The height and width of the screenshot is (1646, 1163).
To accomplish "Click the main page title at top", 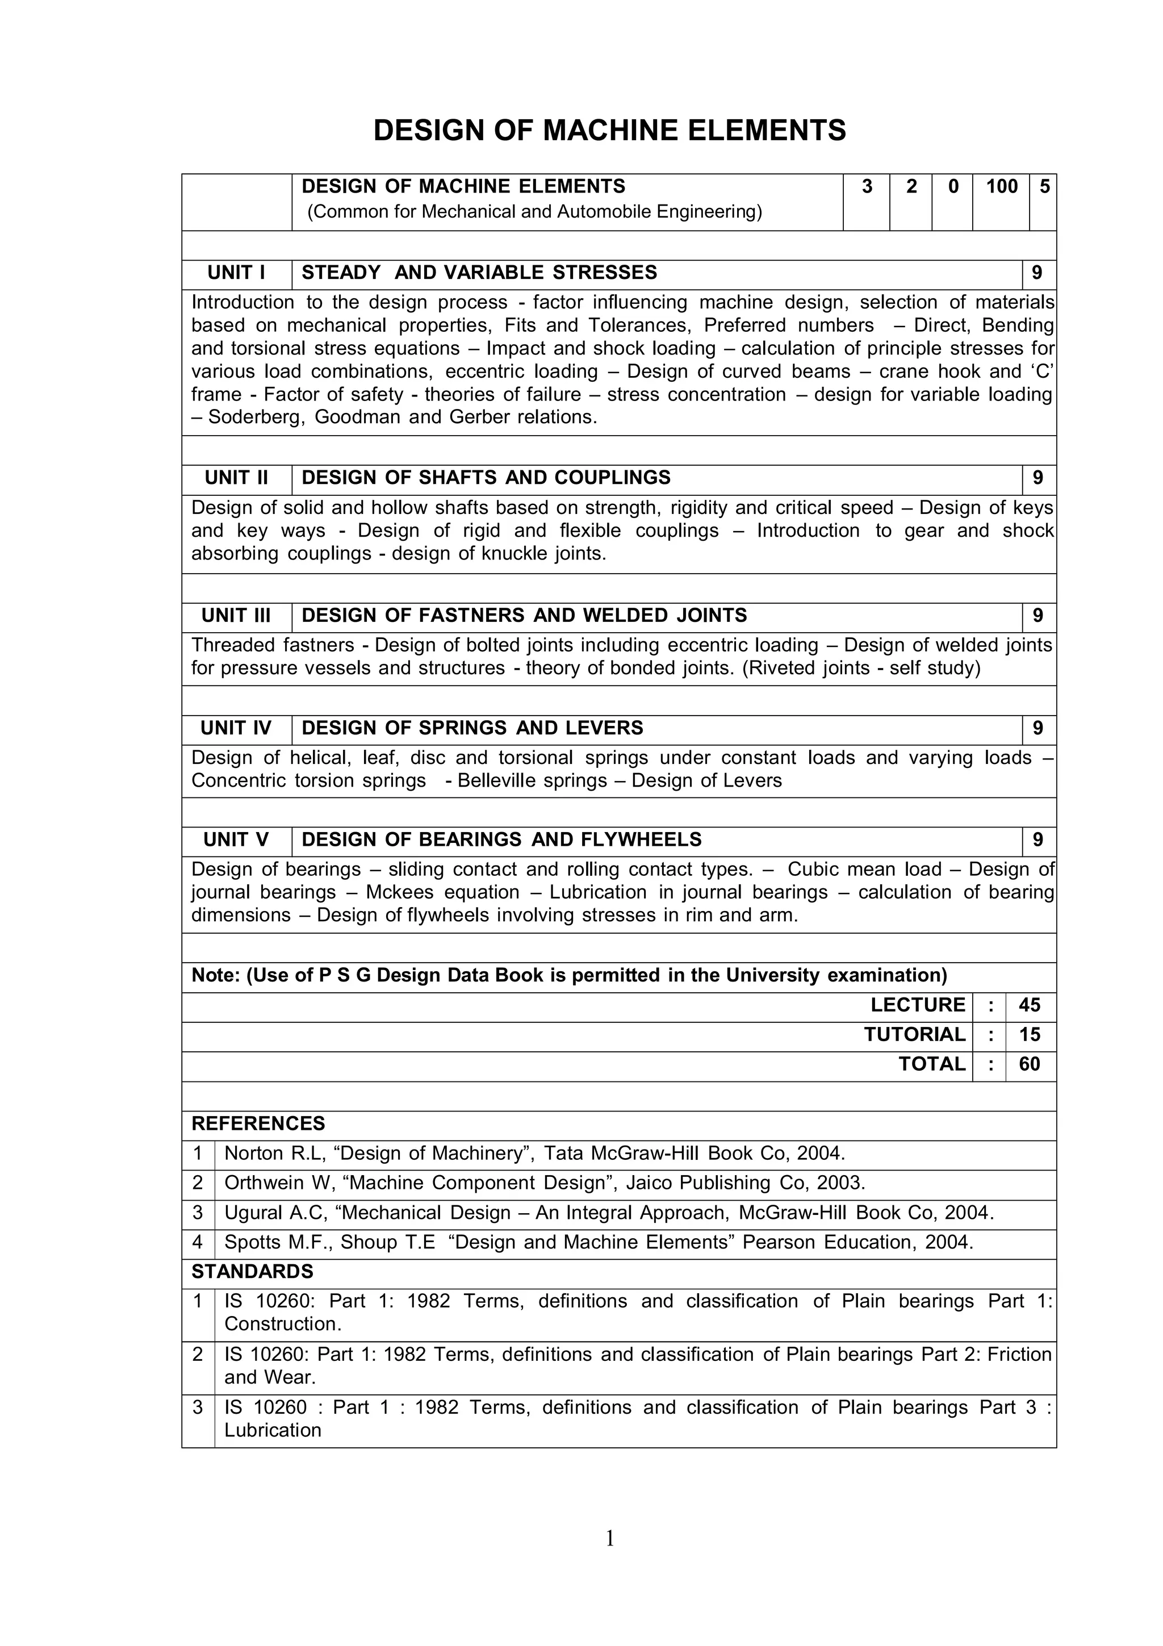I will (610, 131).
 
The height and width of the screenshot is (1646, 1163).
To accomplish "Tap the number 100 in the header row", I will (1001, 186).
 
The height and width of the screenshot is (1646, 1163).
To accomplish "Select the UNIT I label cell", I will (236, 273).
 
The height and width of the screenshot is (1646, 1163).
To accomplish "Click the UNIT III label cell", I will (236, 615).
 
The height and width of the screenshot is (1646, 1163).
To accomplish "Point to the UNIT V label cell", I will (236, 839).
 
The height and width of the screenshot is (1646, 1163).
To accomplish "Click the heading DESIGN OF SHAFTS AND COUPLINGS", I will (486, 478).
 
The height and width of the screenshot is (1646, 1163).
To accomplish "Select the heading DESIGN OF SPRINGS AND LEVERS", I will (472, 728).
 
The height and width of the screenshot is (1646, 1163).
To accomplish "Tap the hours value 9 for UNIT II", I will (1038, 478).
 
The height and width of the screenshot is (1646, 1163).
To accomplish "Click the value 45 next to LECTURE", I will (1029, 1005).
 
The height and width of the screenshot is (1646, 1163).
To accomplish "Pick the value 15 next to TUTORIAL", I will (1029, 1034).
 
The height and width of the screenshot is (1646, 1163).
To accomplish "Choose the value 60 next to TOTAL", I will (1029, 1064).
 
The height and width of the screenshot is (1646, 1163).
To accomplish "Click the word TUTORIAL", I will (914, 1034).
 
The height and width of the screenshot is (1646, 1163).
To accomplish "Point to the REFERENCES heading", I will (258, 1123).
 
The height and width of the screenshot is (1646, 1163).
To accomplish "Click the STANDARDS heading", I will (252, 1271).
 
